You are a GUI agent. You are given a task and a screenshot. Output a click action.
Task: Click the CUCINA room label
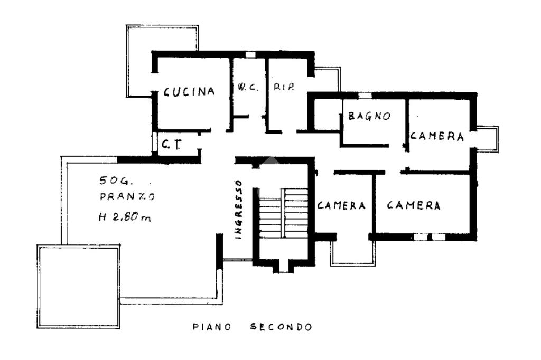pos(189,91)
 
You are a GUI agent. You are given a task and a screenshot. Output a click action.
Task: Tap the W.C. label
pos(247,87)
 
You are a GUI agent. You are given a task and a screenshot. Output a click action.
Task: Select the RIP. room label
pos(284,87)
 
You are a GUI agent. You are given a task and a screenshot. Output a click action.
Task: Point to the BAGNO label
pos(369,116)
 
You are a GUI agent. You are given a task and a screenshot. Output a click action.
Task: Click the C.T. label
pos(170,144)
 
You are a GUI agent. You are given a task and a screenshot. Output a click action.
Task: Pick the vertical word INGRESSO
pos(239,210)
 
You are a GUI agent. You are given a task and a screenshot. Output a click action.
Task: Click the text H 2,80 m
pos(124,216)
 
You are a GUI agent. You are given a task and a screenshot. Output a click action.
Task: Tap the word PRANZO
pos(127,197)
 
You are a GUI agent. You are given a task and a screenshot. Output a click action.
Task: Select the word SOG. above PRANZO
pos(110,181)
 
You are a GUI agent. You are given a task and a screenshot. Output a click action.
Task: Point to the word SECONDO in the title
pos(280,327)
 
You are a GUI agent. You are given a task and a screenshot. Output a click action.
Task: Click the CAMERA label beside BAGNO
pos(437,136)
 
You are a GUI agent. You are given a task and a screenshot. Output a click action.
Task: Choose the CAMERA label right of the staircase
pos(341,205)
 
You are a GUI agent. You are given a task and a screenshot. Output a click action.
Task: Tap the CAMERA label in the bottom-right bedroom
pos(414,205)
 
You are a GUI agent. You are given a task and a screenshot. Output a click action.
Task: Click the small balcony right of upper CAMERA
pos(488,139)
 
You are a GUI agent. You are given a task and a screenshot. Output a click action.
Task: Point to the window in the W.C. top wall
pos(250,54)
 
